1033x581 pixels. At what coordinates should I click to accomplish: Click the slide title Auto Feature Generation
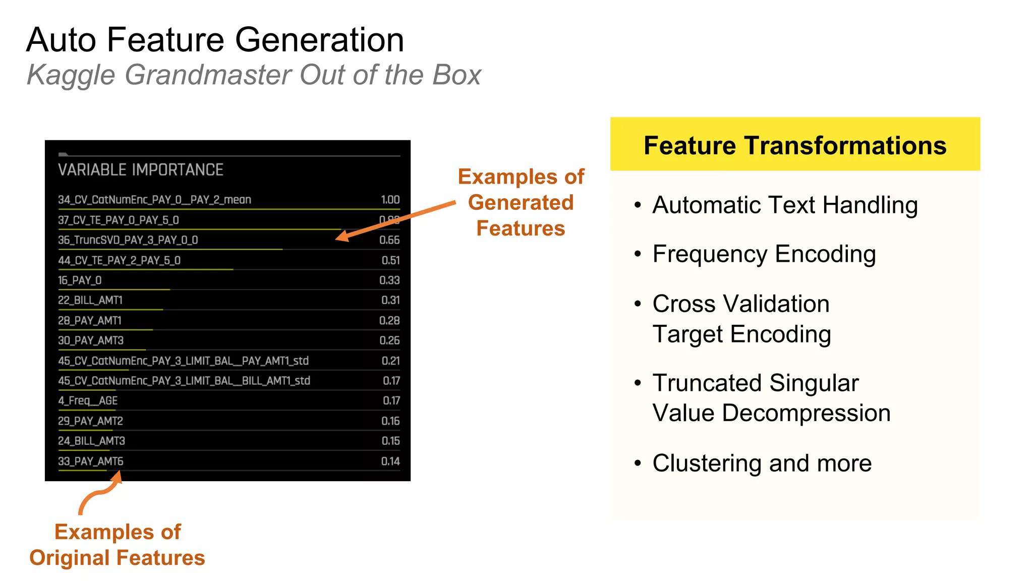pos(215,40)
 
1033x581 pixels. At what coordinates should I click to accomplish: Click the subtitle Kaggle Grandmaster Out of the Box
pos(254,75)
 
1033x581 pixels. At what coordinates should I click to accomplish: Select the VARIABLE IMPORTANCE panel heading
pos(140,170)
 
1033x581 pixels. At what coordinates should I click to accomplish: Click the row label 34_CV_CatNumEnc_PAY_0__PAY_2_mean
pos(154,200)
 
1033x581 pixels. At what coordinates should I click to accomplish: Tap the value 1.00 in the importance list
pos(390,200)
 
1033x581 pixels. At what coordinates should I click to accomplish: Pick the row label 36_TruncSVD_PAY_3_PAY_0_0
pos(128,240)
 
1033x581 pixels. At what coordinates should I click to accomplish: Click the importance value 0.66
pos(389,240)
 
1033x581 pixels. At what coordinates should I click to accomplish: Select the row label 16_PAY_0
pos(80,280)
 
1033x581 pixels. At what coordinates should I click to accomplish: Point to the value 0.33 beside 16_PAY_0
pos(389,280)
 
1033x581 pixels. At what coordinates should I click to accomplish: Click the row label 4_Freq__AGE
pos(88,401)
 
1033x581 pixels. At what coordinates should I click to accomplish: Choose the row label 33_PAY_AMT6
pos(90,461)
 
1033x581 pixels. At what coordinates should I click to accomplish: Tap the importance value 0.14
pos(390,461)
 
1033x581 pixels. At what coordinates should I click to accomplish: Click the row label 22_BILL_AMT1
pos(90,301)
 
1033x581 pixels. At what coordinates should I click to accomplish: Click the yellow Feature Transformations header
pos(795,145)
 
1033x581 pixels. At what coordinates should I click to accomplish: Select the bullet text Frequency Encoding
pos(764,254)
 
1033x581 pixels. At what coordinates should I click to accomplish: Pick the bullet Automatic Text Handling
pos(785,205)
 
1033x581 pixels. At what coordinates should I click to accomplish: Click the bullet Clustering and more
pos(762,463)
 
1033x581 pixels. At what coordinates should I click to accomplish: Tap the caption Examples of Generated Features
pos(521,203)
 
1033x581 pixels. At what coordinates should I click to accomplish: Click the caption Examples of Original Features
pos(117,545)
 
